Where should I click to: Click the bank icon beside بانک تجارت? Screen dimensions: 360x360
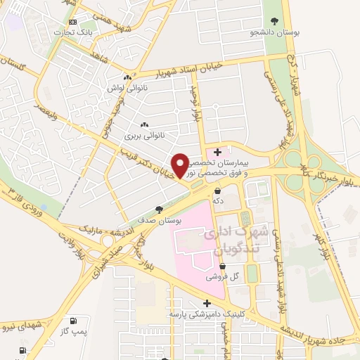[64, 32]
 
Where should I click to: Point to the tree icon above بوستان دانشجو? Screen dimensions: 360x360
[274, 21]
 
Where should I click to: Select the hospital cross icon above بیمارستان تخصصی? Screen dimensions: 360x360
[218, 152]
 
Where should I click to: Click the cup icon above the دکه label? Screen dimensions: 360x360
[217, 191]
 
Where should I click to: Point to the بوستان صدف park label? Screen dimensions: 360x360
[166, 220]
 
